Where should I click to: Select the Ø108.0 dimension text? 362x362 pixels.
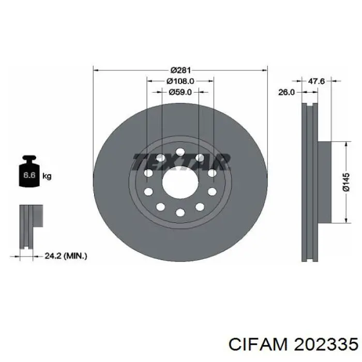(x=180, y=81)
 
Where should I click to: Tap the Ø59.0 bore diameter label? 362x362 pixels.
(x=180, y=92)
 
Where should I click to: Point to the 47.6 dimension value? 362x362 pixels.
(x=316, y=81)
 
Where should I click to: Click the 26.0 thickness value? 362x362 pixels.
(x=286, y=92)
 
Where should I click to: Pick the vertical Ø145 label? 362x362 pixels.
(x=346, y=183)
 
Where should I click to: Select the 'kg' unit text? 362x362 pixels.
(x=47, y=176)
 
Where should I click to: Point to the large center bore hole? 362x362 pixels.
(x=180, y=183)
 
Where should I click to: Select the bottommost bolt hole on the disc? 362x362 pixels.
(x=180, y=213)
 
